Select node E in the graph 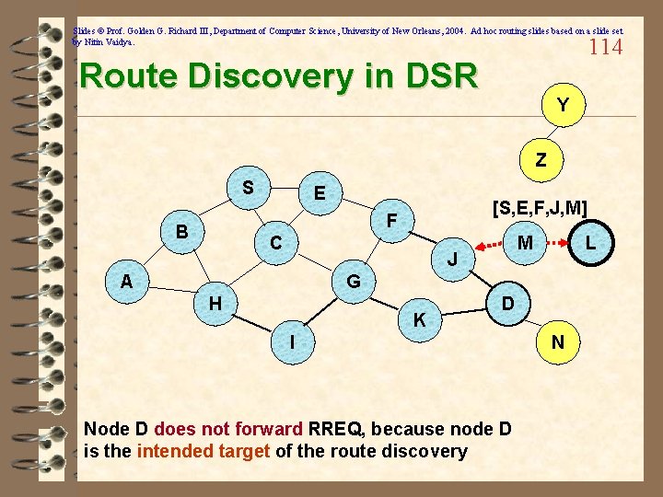[319, 194]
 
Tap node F [391, 221]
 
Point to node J [453, 260]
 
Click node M [526, 243]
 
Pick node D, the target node [507, 303]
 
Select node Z [541, 159]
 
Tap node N [558, 342]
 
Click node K [419, 320]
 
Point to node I [292, 341]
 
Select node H [214, 303]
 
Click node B [183, 231]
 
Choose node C [275, 243]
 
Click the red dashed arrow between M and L [557, 244]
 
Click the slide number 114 [606, 46]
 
